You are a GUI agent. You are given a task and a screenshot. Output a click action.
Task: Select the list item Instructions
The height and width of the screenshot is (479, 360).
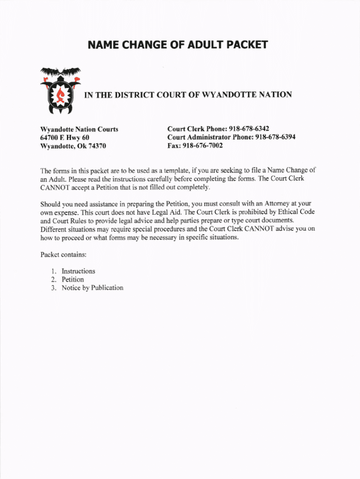pos(78,271)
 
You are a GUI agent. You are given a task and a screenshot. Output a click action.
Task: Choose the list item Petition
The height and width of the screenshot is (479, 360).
pos(72,280)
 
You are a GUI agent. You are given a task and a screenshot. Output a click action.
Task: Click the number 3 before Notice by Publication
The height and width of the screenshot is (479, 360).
pos(54,288)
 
